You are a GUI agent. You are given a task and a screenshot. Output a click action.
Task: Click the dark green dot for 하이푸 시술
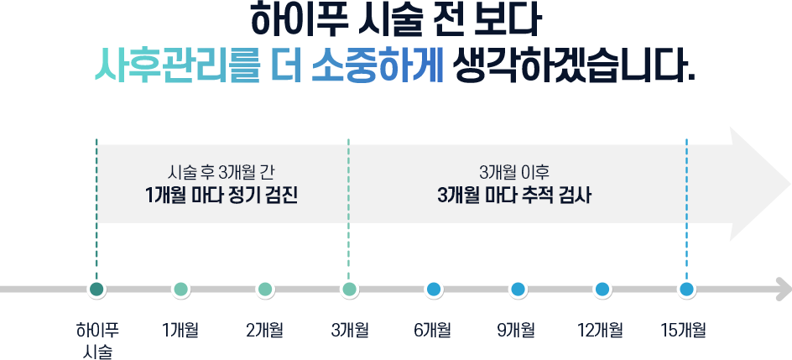click(x=96, y=290)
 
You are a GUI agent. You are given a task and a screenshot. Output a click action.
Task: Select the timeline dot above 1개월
click(x=181, y=290)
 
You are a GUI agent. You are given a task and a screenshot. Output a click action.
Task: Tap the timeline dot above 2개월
click(x=264, y=290)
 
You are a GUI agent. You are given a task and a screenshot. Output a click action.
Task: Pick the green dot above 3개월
click(x=349, y=290)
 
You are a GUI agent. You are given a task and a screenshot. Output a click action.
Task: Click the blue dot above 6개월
click(x=434, y=290)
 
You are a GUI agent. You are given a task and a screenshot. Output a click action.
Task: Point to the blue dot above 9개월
click(x=518, y=290)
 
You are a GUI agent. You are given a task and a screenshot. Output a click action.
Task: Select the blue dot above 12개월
click(x=602, y=290)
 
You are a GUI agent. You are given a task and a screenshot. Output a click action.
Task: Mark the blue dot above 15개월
click(x=686, y=290)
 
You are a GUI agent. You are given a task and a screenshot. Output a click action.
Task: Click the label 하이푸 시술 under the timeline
click(x=97, y=341)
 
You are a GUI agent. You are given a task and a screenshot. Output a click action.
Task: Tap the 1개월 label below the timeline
click(x=180, y=331)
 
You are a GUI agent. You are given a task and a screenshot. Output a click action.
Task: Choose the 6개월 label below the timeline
click(x=432, y=331)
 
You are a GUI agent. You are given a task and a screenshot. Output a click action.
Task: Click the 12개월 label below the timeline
click(x=600, y=331)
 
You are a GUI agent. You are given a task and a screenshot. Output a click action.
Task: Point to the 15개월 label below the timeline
click(x=683, y=331)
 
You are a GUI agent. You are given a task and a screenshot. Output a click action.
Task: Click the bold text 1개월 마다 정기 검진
click(x=221, y=196)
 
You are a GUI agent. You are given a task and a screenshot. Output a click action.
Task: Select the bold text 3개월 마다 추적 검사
click(x=514, y=196)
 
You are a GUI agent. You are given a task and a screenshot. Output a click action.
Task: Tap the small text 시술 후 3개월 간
click(x=221, y=173)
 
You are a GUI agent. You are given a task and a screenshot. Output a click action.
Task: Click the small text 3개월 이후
click(x=514, y=173)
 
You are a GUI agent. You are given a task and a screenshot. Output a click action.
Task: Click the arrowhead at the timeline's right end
click(x=784, y=290)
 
